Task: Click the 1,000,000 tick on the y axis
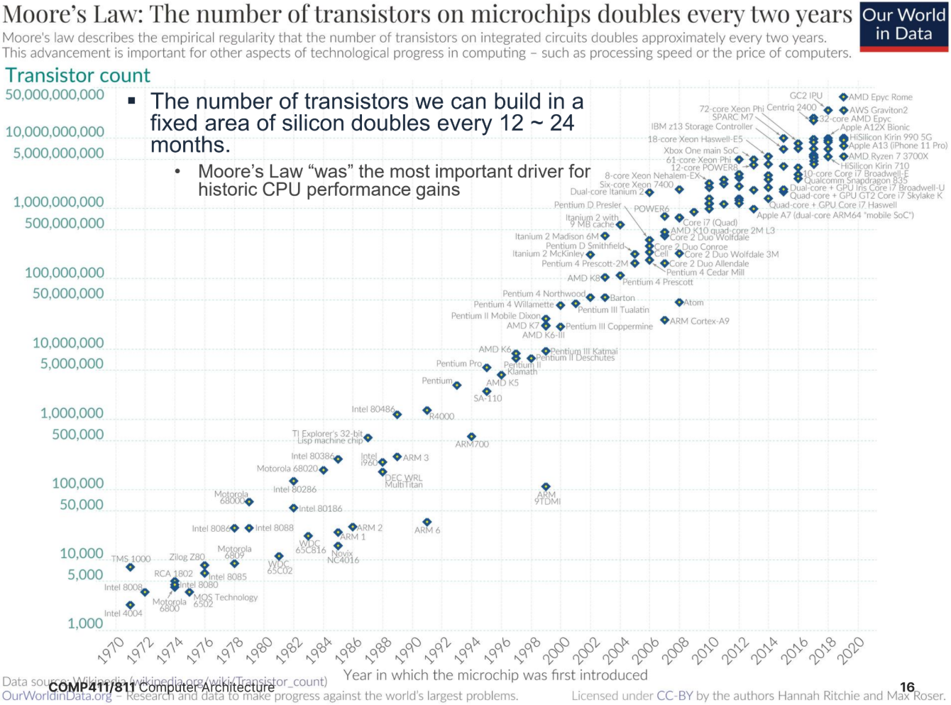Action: (x=72, y=413)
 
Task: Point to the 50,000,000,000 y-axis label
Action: (x=55, y=94)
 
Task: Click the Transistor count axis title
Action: (x=78, y=75)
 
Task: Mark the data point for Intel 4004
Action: (x=130, y=605)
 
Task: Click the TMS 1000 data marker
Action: (x=130, y=567)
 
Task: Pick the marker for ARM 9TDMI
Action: (x=546, y=487)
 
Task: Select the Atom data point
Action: (x=679, y=302)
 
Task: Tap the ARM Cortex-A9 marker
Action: (x=664, y=320)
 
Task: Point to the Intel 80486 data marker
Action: (x=397, y=415)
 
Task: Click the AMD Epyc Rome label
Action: (x=880, y=97)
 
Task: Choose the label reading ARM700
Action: (x=472, y=444)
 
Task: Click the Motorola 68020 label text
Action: (x=287, y=469)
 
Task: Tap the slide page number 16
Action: (x=907, y=687)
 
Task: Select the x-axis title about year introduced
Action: (x=495, y=674)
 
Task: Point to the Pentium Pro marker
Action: (x=487, y=368)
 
